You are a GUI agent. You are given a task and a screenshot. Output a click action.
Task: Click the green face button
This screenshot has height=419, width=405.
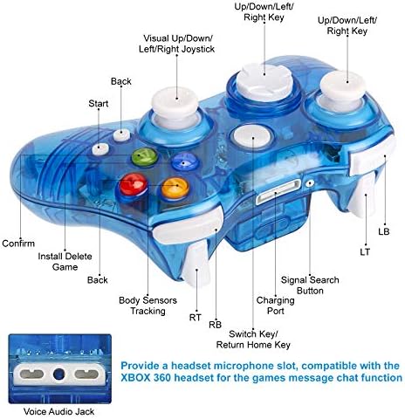point(145,157)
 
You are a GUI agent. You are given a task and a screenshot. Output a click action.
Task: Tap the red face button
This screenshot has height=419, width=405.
point(134,184)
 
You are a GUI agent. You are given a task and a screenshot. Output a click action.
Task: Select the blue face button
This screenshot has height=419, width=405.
point(184,161)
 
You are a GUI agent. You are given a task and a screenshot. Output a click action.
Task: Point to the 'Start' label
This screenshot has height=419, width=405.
point(99,103)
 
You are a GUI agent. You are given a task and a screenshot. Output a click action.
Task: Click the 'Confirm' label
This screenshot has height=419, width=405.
point(18,244)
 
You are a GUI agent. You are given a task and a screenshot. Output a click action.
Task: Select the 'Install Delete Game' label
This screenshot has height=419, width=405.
point(65,262)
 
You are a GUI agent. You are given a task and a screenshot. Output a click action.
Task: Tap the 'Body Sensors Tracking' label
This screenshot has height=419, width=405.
point(148,306)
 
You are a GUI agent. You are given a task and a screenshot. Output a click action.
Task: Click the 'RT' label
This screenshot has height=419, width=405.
point(196,318)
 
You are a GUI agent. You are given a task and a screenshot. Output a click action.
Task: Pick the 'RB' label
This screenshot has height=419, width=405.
point(215,325)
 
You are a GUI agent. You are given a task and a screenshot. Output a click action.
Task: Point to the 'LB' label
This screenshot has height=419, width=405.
point(384,231)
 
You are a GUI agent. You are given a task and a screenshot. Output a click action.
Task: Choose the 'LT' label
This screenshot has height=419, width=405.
point(365,252)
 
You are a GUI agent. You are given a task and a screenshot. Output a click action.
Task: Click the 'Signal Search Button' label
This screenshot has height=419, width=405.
point(310,285)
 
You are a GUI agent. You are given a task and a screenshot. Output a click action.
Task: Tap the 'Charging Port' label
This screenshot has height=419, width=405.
point(275,306)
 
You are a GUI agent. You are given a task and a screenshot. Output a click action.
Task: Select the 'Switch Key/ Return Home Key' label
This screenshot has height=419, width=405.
point(253,340)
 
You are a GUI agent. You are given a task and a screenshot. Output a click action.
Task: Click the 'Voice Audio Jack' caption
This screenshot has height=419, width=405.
point(58,411)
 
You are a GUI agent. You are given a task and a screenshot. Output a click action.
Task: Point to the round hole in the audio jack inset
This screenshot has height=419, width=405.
point(59,374)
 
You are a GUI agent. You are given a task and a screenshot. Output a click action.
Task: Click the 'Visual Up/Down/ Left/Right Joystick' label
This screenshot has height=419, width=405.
point(176,44)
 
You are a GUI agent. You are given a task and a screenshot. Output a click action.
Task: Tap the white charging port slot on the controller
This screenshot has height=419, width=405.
point(278,192)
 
